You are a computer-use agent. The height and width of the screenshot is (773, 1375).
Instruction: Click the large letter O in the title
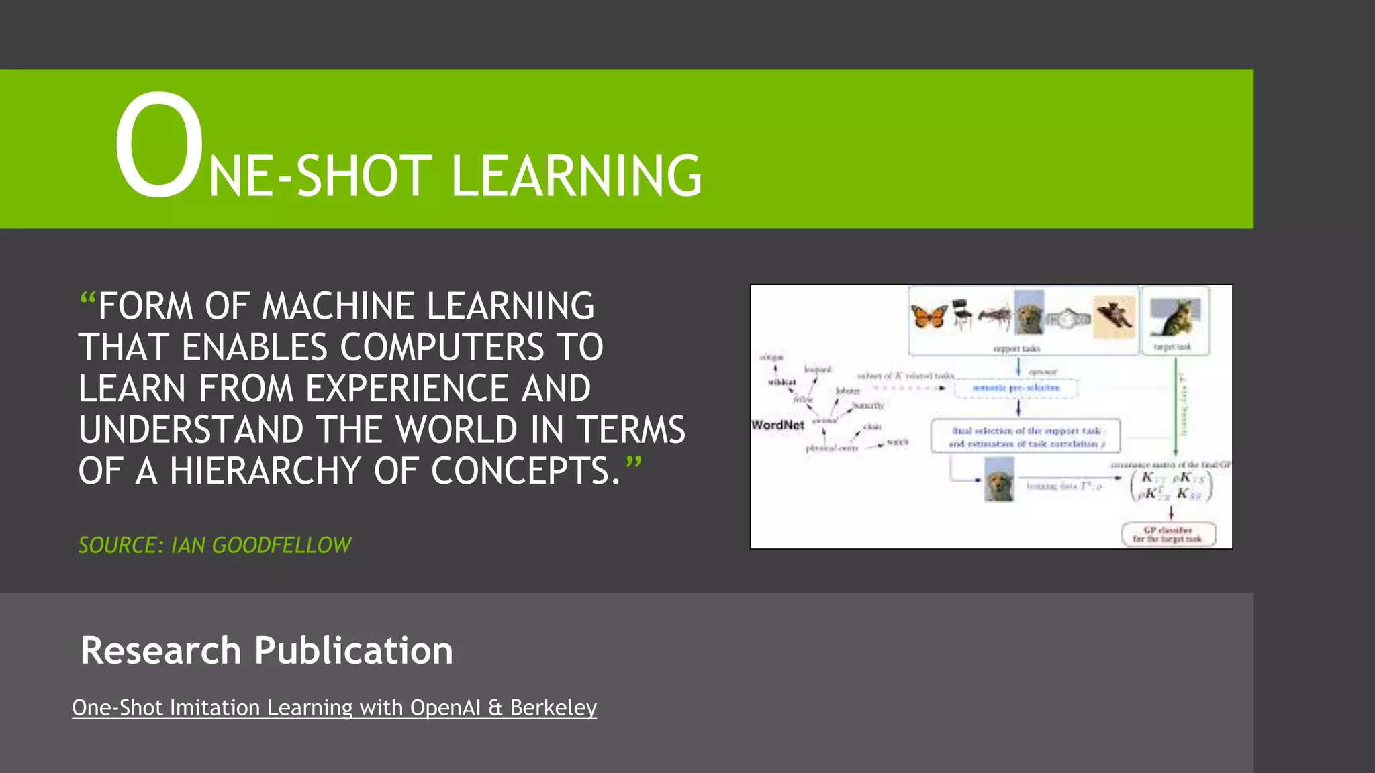point(158,146)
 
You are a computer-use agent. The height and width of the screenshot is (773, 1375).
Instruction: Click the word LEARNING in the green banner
point(576,176)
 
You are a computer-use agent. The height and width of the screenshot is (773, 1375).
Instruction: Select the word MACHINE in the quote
point(340,306)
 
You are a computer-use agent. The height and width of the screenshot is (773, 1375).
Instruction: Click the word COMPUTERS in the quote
point(443,348)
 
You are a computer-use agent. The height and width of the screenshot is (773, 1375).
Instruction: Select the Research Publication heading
point(267,650)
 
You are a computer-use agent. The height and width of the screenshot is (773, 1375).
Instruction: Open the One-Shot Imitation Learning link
point(334,707)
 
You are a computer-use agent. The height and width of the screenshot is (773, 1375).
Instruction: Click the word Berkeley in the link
point(553,707)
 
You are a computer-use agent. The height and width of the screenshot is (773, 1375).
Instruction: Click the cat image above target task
point(1174,317)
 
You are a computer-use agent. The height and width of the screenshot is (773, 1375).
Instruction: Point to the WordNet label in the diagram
point(777,425)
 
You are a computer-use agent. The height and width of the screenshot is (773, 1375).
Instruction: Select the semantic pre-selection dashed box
point(1016,388)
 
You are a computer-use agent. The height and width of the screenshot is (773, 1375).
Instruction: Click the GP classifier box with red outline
point(1168,534)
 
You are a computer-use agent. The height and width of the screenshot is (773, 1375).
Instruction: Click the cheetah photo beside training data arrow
point(999,479)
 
